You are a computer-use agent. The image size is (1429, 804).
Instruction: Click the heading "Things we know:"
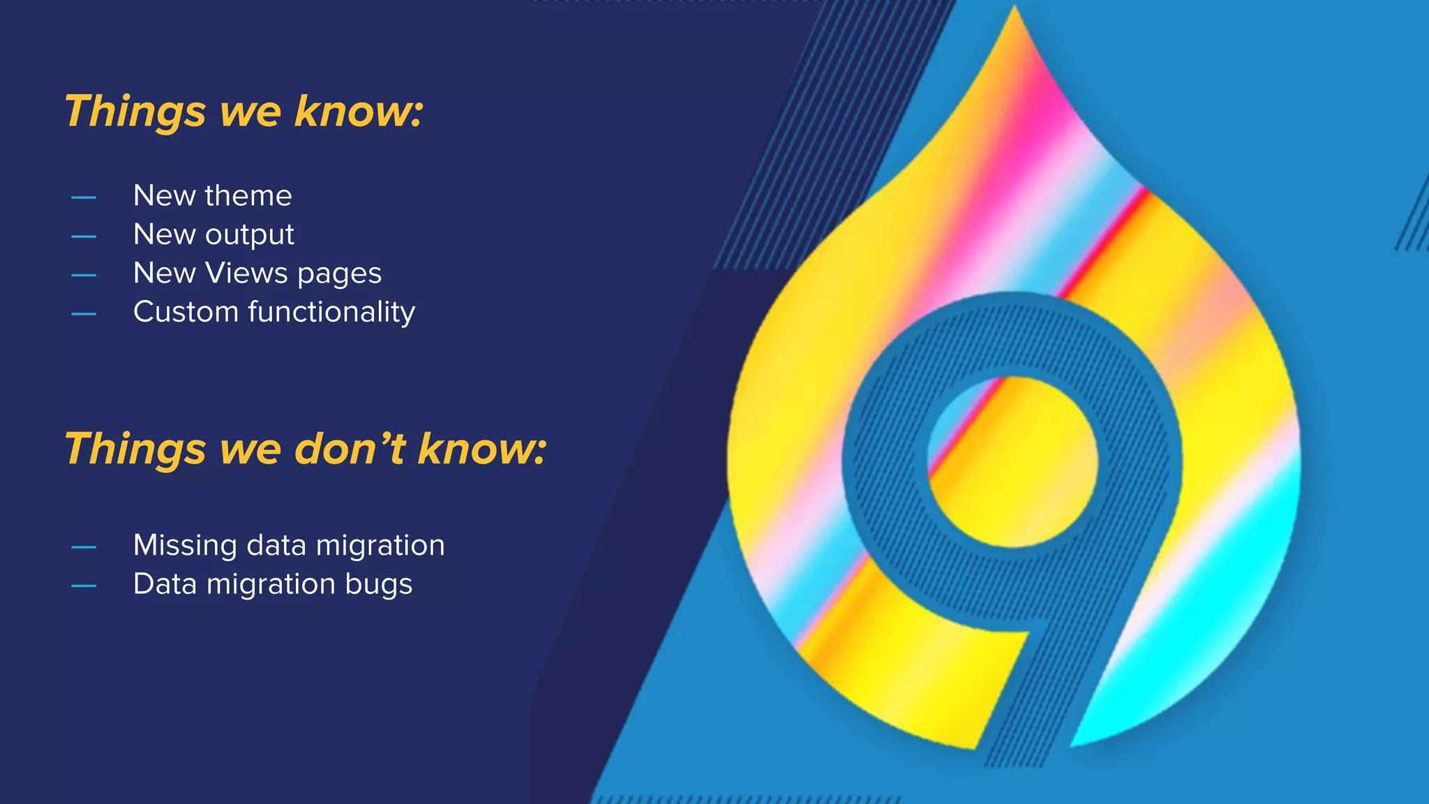244,112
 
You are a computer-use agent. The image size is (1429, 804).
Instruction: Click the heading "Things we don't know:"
306,449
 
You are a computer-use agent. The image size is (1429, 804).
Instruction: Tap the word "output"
249,235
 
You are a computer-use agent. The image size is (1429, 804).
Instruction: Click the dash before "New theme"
84,198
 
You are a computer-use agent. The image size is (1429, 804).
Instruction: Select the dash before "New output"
84,237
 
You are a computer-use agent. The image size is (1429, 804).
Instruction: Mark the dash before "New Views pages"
84,276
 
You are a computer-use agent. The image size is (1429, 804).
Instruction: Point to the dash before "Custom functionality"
84,314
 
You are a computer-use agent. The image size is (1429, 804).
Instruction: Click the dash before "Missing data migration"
84,547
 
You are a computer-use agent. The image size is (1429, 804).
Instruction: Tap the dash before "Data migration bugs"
84,586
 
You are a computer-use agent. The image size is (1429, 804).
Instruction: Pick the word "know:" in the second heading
481,449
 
